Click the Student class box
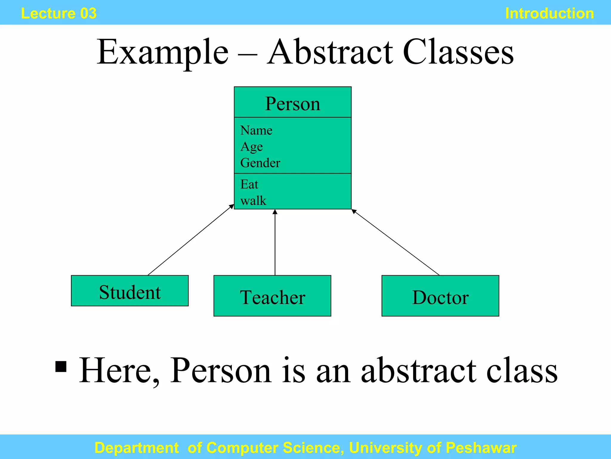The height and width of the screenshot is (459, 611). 130,291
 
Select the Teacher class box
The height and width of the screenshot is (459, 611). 272,296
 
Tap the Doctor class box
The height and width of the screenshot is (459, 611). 440,296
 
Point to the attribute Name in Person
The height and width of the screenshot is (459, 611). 256,131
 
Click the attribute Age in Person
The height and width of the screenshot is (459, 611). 252,147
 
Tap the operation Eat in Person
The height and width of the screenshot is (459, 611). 249,184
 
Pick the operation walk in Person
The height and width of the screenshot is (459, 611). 253,201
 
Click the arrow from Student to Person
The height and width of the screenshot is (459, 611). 191,240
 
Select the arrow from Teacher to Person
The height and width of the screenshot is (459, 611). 275,242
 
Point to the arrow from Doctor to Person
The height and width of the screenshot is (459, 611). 395,242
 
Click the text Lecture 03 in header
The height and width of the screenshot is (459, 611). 59,13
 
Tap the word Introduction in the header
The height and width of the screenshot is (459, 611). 549,13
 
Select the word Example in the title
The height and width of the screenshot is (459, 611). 163,52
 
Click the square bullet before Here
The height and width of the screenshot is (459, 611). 61,367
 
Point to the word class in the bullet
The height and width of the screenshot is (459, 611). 521,371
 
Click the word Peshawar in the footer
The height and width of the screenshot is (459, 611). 481,448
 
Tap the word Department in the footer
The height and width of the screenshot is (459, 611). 137,448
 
